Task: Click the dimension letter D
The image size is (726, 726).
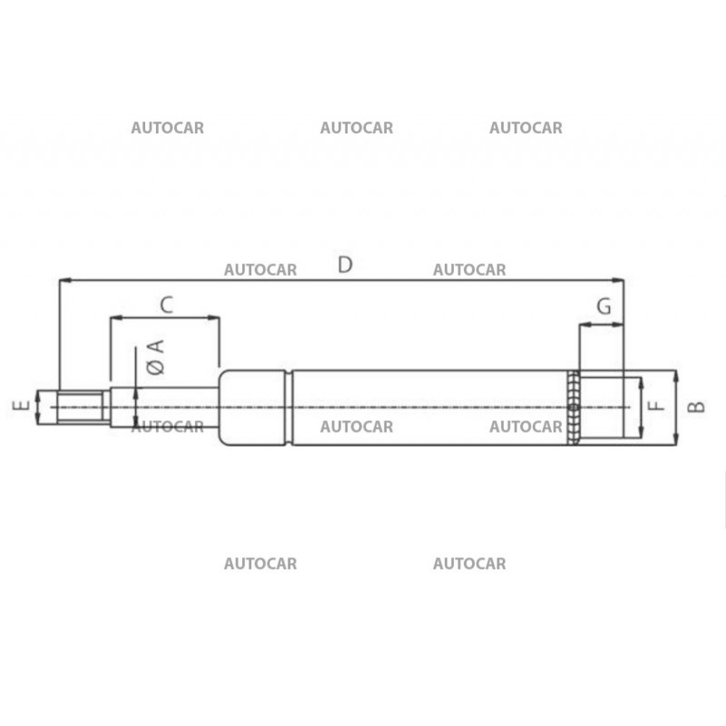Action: click(x=345, y=264)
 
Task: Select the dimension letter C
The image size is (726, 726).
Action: click(x=166, y=304)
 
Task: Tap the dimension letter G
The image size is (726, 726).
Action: click(x=603, y=306)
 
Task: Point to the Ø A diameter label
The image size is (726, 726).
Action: click(x=154, y=357)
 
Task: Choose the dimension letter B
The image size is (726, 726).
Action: click(x=695, y=407)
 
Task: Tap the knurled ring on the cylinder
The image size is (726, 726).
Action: click(x=573, y=407)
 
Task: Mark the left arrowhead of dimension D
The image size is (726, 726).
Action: click(x=63, y=280)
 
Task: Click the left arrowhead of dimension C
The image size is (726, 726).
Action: click(x=114, y=318)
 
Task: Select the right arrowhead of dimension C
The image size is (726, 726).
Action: click(x=216, y=318)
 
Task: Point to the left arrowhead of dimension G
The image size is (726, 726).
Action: click(x=583, y=324)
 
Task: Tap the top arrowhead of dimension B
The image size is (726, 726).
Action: click(x=676, y=374)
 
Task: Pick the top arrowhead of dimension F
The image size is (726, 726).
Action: click(x=641, y=380)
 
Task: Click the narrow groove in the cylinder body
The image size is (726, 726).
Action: click(x=289, y=407)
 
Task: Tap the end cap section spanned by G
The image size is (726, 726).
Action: click(x=601, y=407)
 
